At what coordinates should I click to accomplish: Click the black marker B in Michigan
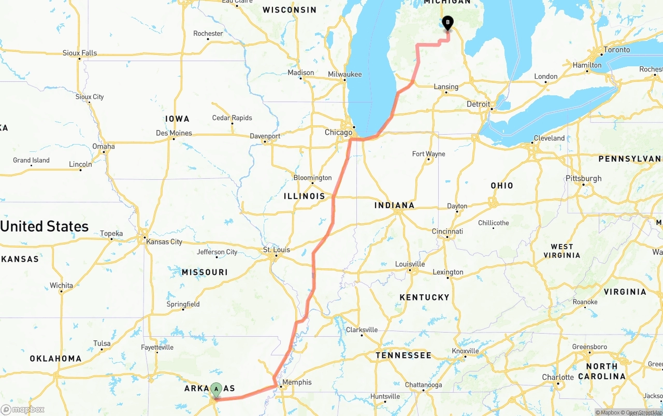(448, 23)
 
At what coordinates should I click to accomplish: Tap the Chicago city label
(338, 133)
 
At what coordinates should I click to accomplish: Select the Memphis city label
(297, 382)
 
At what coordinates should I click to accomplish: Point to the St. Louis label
(277, 250)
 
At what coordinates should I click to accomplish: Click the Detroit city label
(478, 104)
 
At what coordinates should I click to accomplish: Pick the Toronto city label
(616, 50)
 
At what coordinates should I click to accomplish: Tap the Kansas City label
(164, 241)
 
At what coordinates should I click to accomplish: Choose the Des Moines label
(174, 133)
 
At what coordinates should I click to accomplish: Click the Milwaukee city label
(345, 75)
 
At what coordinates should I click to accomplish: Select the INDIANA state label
(395, 205)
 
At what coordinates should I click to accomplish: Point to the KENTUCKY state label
(424, 297)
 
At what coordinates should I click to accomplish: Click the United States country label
(45, 226)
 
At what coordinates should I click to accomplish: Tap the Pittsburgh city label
(584, 178)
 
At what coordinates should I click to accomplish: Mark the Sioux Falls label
(80, 53)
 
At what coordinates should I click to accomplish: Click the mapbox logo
(23, 409)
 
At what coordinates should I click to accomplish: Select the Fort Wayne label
(428, 154)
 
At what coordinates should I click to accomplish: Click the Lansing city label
(446, 87)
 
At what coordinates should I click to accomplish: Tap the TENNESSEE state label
(403, 355)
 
